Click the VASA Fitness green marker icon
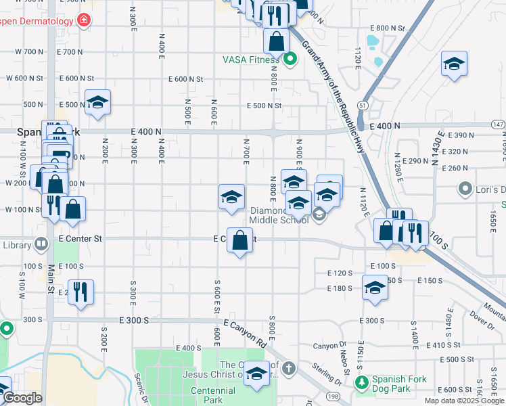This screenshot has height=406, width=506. [x=291, y=60]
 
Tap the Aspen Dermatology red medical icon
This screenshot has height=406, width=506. [x=83, y=21]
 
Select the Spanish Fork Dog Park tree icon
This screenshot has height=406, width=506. [x=363, y=384]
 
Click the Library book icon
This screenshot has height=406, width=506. [x=41, y=244]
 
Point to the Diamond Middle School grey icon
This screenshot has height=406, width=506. [x=319, y=215]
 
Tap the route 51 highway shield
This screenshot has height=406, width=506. [x=363, y=106]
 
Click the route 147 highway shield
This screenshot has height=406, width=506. [x=498, y=125]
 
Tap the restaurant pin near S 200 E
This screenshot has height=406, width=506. [x=80, y=292]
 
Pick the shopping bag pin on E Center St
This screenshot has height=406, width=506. [x=239, y=240]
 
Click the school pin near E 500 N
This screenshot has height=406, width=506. [x=98, y=102]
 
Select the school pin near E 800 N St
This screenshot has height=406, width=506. [x=453, y=64]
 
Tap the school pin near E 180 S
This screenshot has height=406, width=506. [x=375, y=288]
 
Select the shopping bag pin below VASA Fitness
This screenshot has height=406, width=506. [x=277, y=42]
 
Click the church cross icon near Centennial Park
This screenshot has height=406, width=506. [x=289, y=369]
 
